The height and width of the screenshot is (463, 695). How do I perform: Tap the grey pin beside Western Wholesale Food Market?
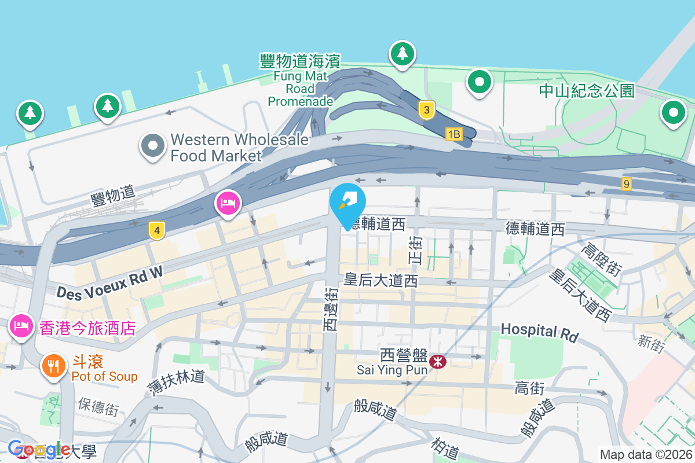tap(153, 146)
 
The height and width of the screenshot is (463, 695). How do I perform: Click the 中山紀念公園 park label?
tap(586, 91)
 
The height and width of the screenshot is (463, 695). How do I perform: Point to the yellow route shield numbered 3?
tap(426, 110)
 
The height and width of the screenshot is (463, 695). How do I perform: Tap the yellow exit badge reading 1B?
tap(453, 134)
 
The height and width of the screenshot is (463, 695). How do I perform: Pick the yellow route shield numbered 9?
tap(626, 184)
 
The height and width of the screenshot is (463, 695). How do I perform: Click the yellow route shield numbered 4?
tap(155, 230)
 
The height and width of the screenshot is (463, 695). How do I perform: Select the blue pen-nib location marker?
tap(348, 204)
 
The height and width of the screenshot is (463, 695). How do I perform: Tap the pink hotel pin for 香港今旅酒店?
tap(21, 325)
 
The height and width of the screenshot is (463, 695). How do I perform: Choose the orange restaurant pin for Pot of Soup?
tap(53, 366)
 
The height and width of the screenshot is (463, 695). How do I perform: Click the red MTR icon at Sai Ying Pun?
tap(438, 362)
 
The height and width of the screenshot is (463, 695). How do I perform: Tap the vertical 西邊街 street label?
tap(330, 310)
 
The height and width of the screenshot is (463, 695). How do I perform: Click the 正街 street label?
tap(416, 250)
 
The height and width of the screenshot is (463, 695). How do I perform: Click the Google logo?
tap(39, 449)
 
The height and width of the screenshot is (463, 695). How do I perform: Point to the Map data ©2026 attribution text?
tap(645, 454)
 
